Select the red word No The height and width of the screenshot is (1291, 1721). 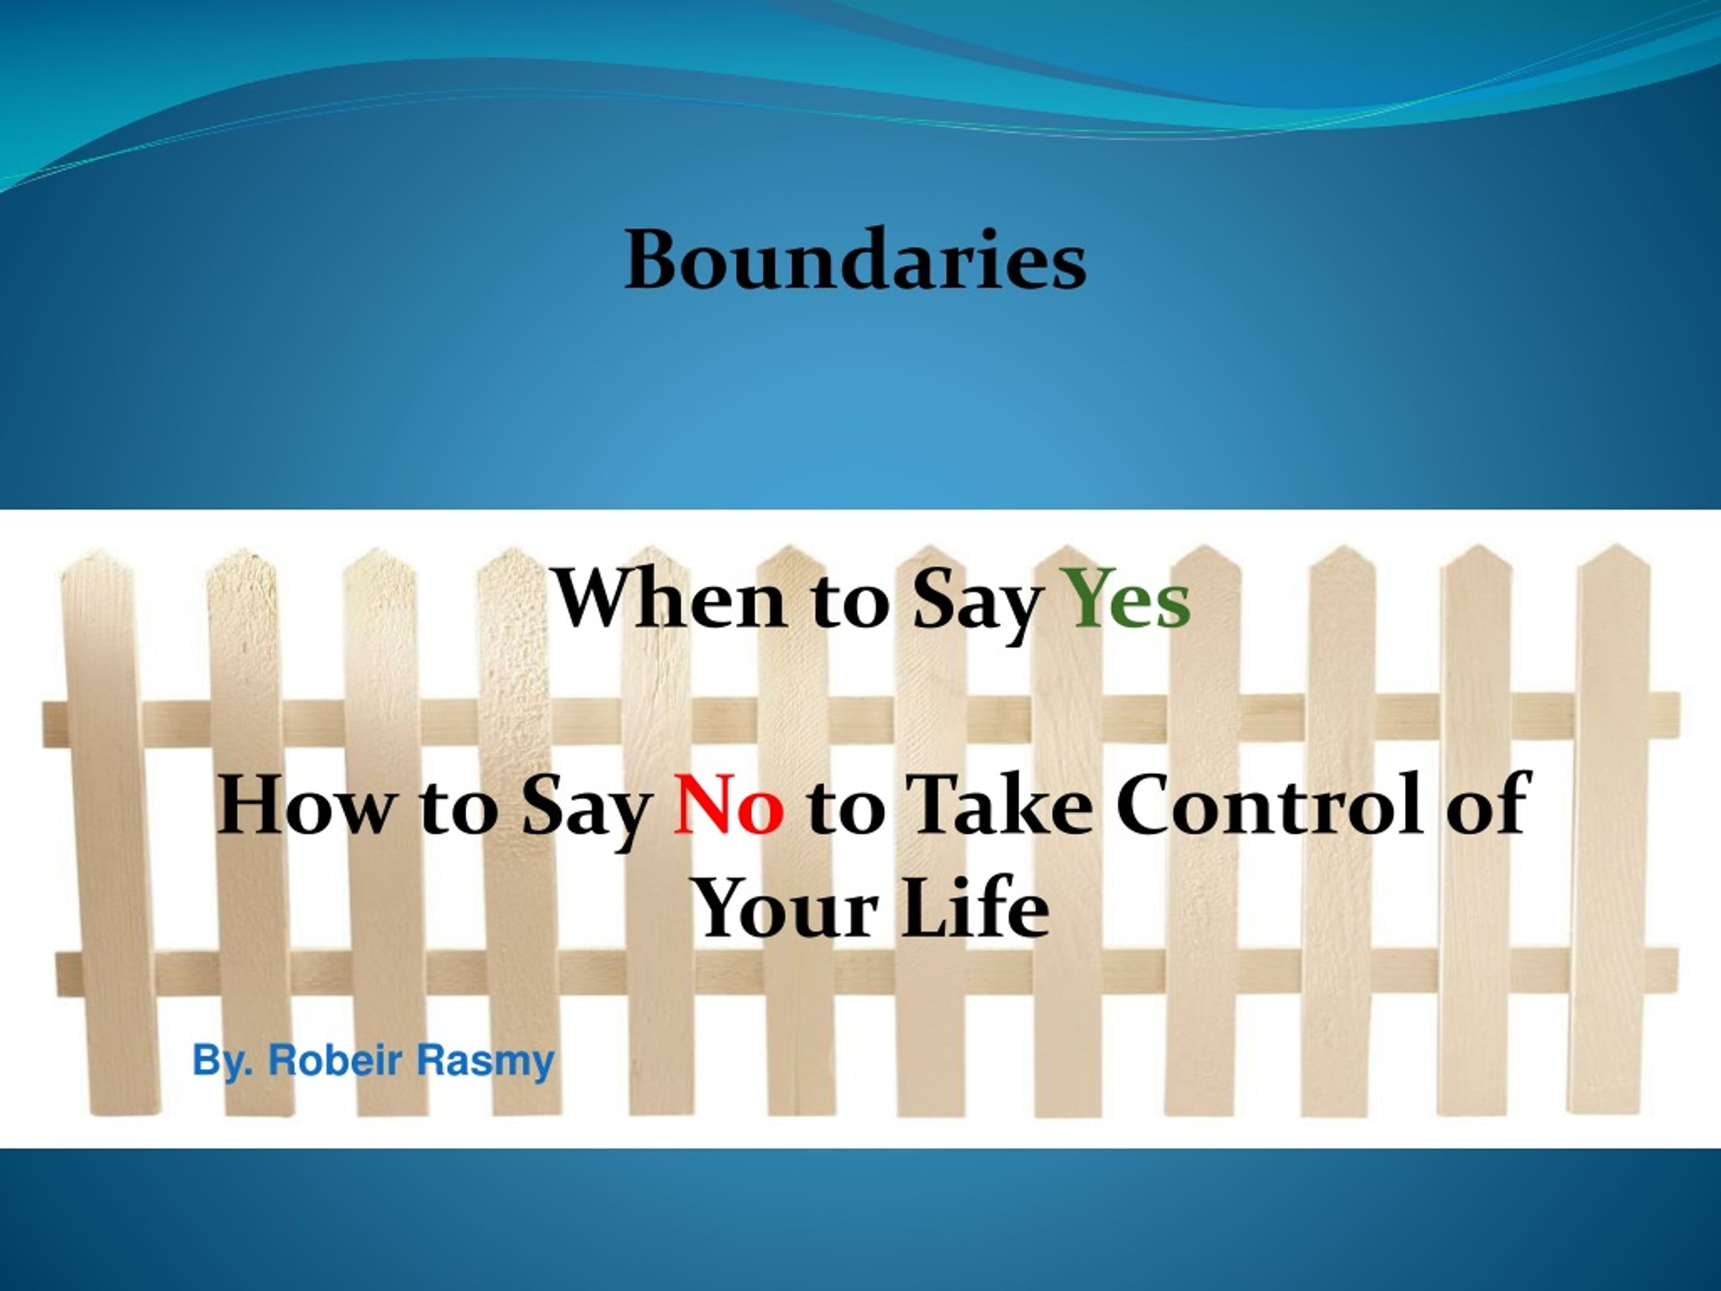pyautogui.click(x=728, y=807)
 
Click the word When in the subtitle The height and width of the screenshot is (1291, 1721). pyautogui.click(x=669, y=599)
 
